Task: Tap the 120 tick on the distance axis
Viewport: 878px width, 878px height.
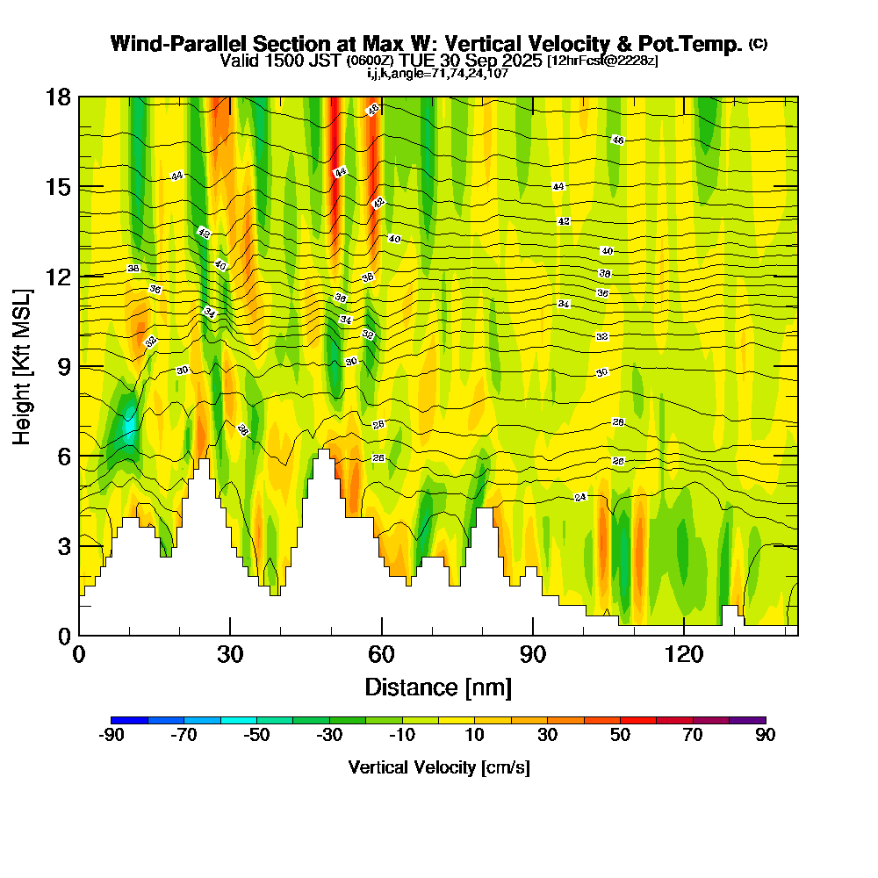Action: click(684, 655)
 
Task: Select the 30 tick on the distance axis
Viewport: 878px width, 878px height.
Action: click(230, 655)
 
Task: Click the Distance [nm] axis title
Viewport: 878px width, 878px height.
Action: click(438, 687)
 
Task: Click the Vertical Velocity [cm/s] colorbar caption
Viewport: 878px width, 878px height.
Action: click(438, 767)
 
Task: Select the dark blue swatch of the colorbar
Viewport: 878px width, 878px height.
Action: click(130, 720)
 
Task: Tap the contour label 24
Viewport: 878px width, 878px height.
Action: click(579, 497)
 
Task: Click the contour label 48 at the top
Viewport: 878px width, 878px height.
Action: click(372, 110)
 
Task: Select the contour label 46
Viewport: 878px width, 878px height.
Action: click(617, 140)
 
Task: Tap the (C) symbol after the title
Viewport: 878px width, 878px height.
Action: click(759, 44)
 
